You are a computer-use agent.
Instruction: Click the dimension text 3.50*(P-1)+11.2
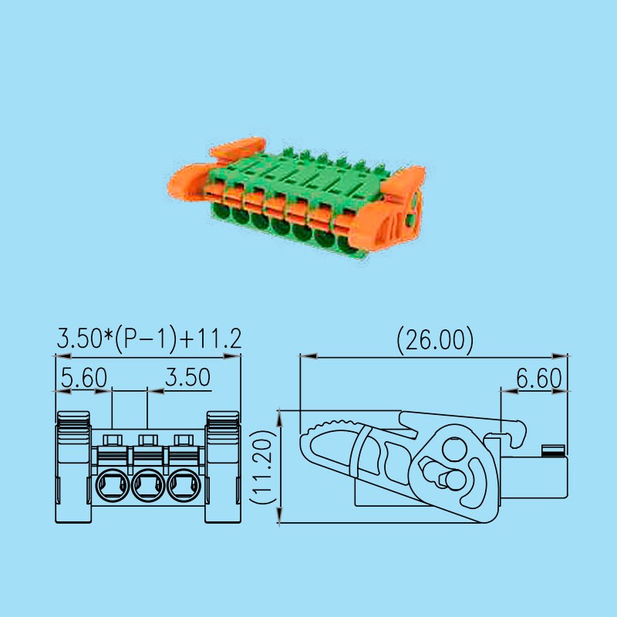point(149,338)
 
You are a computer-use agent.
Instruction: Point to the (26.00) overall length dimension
point(433,339)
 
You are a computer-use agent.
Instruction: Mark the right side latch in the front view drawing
point(222,467)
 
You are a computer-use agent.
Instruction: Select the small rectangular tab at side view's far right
point(552,450)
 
